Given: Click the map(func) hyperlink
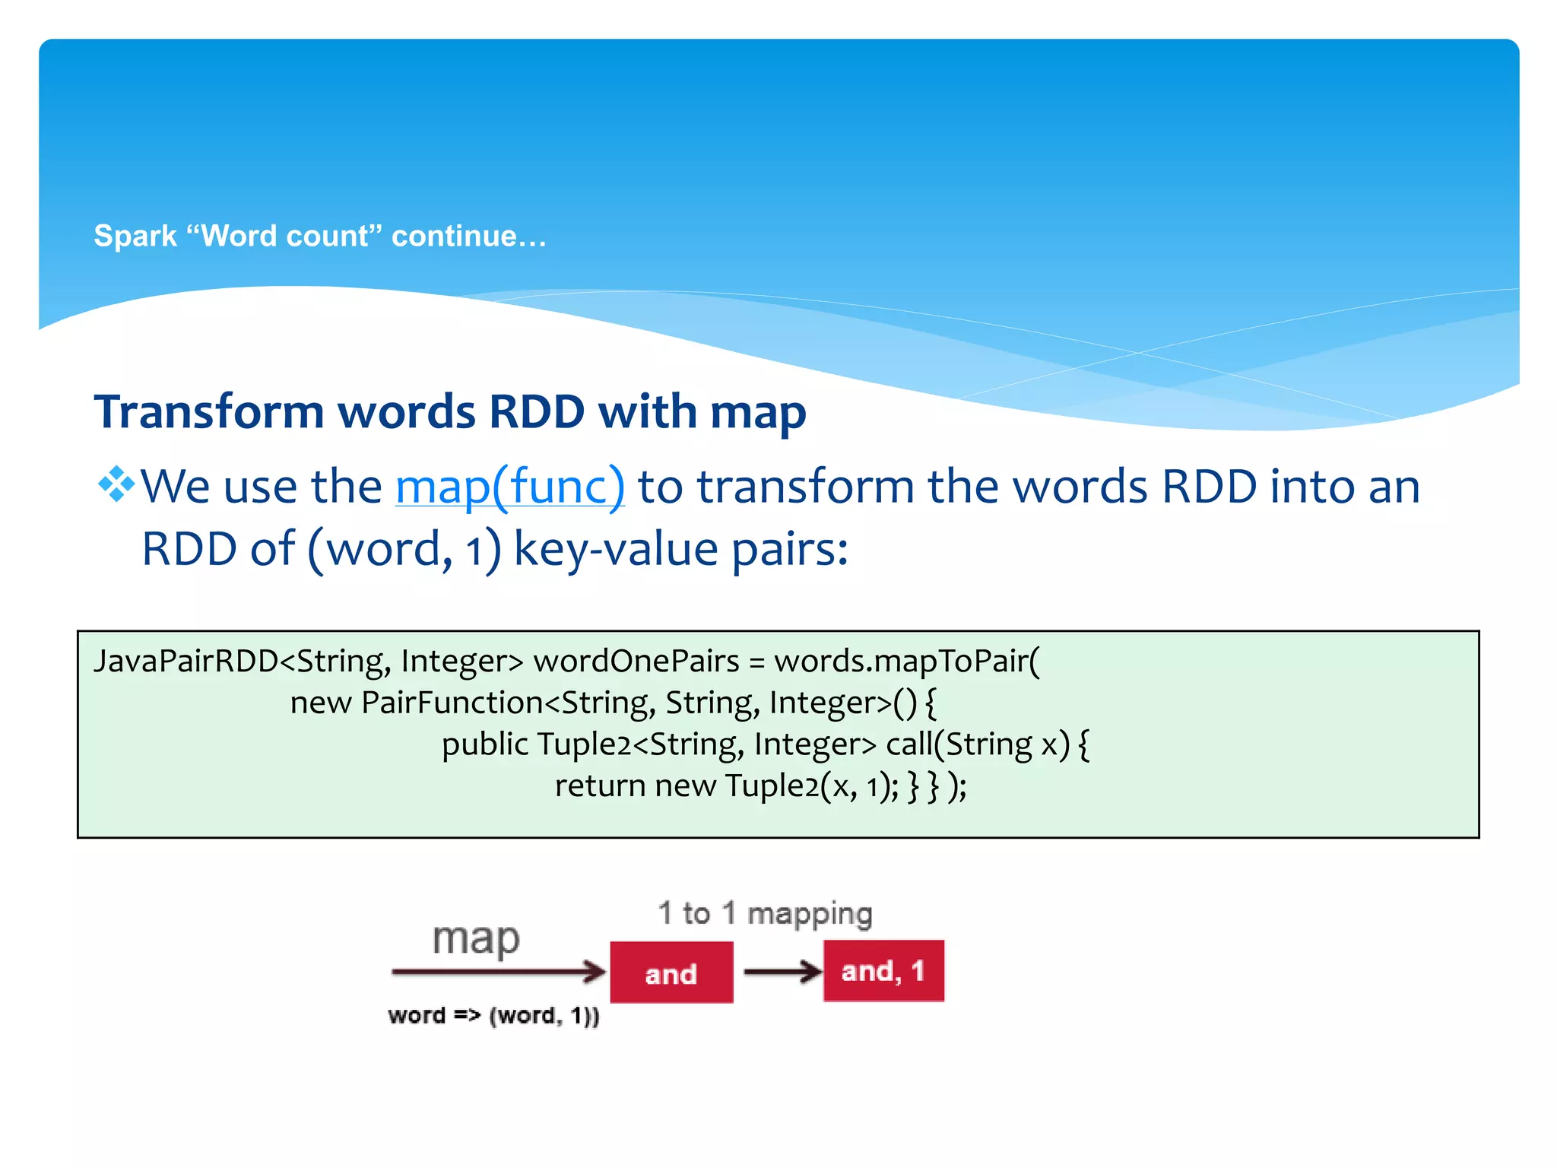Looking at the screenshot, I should (x=510, y=487).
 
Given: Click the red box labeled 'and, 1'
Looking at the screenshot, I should (x=883, y=971).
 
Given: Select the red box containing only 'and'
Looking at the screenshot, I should (x=671, y=973).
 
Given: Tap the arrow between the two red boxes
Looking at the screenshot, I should (x=782, y=971).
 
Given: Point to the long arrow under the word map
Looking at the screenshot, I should (x=498, y=971).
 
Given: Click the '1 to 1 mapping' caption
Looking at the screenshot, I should (x=765, y=913).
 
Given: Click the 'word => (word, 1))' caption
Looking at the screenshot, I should (x=493, y=1016).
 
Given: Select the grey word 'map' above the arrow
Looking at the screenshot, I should (x=476, y=939).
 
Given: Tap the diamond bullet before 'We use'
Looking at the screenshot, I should (x=116, y=484).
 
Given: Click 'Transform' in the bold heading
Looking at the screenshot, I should (x=209, y=412).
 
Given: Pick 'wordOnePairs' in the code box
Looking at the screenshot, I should (x=636, y=661).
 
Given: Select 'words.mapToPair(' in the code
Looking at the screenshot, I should (x=906, y=661).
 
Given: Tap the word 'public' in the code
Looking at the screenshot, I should (x=484, y=744).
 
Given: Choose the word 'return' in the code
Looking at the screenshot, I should (x=600, y=786).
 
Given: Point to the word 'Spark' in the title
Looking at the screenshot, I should (x=125, y=236).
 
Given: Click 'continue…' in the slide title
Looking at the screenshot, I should (x=468, y=236).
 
